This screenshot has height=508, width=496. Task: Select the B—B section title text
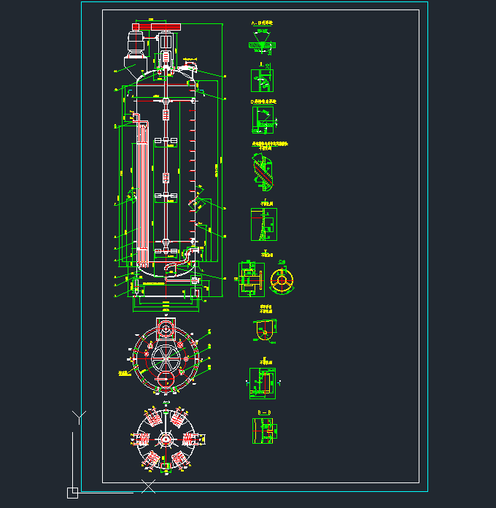point(264,413)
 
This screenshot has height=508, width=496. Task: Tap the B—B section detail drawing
point(264,431)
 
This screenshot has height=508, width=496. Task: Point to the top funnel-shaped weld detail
point(263,43)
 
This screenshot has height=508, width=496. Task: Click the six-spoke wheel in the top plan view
point(166,357)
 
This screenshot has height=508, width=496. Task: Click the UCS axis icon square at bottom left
point(72,493)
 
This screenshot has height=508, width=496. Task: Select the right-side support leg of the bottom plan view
point(190,438)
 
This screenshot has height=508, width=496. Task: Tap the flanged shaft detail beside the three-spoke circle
point(249,279)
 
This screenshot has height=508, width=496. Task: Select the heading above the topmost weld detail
point(262,23)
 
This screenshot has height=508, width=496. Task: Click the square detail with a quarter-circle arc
point(263,119)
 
